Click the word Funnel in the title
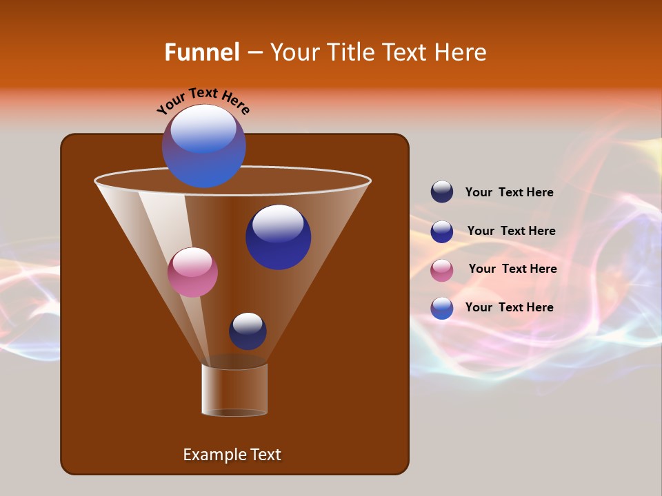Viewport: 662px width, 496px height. coord(202,52)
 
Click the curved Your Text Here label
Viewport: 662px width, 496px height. coord(203,101)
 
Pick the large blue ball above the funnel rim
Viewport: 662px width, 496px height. coord(203,145)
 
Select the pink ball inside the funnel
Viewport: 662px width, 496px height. coord(192,272)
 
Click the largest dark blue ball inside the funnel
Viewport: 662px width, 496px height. coord(278,237)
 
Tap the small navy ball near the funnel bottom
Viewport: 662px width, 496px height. coord(248,331)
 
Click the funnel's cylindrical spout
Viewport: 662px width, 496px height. coord(234,390)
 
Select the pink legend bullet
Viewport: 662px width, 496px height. coord(442,270)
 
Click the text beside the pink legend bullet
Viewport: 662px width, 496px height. coord(512,269)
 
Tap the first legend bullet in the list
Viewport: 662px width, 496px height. coord(442,192)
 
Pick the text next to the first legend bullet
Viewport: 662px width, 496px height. coord(509,192)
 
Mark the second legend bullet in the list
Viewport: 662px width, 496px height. coord(442,231)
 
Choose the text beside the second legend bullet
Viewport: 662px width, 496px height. coord(511,231)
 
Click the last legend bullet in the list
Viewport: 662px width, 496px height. coord(442,308)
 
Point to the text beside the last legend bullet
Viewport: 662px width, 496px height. coord(509,307)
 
